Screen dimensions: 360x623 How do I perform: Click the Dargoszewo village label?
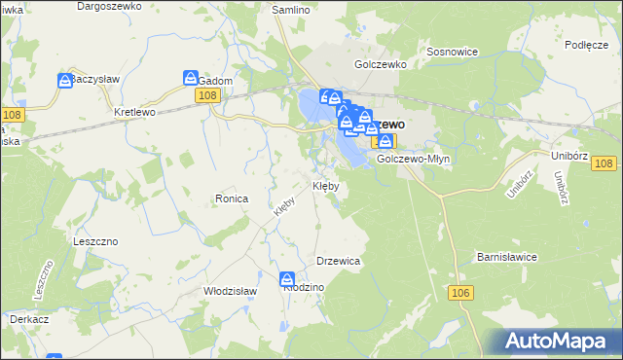click(109, 6)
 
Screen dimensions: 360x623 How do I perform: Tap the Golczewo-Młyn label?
click(409, 159)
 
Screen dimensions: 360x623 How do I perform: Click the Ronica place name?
click(233, 198)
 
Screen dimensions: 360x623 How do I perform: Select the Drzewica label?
click(339, 261)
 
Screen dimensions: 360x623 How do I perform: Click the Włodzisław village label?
click(229, 290)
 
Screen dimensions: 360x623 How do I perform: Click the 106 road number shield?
click(460, 292)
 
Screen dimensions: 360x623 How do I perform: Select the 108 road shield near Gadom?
click(206, 94)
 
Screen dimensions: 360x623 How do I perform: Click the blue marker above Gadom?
click(191, 77)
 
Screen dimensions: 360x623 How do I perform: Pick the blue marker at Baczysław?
click(65, 80)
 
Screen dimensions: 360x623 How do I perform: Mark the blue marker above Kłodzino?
click(287, 277)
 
